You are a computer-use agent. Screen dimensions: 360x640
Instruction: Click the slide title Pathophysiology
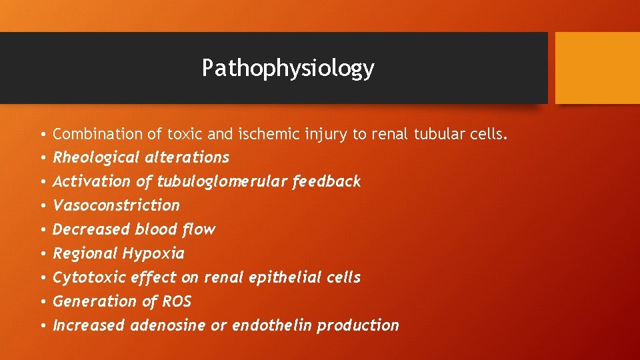coord(288,68)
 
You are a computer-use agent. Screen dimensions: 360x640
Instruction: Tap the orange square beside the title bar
coord(597,68)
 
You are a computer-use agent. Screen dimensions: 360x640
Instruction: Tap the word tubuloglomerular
coord(223,182)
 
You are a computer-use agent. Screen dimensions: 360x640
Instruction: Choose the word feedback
coord(326,181)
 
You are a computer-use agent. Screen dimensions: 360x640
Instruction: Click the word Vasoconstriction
coord(116,205)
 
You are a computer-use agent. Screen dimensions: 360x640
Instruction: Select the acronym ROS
coord(176,301)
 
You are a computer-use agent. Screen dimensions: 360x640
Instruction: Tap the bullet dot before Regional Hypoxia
coord(41,254)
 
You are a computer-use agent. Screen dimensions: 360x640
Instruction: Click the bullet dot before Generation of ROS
coord(41,302)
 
